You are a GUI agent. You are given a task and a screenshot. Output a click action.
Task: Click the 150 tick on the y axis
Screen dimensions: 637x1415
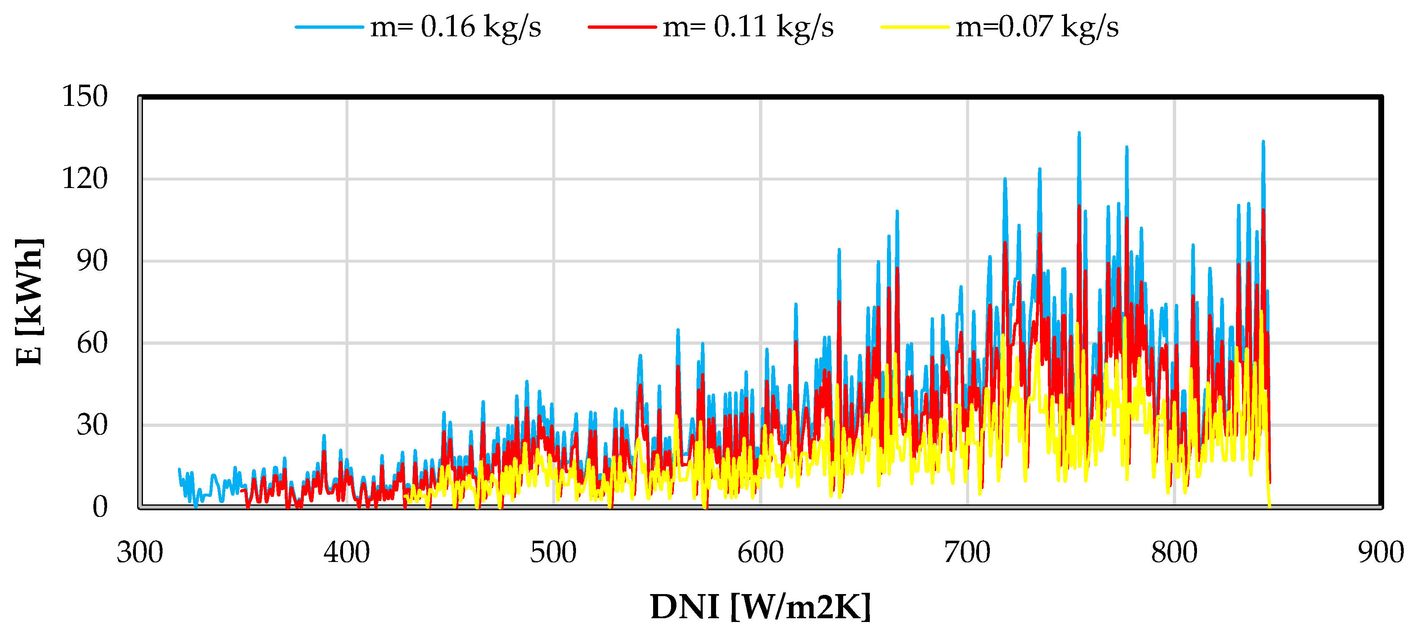click(x=85, y=97)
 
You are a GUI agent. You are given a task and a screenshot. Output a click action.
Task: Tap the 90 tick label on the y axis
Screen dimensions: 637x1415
click(x=92, y=261)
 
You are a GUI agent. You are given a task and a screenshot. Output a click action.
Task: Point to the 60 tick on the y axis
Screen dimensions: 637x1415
click(x=92, y=343)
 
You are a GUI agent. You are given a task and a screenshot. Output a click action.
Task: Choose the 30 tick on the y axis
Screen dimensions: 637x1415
click(x=92, y=425)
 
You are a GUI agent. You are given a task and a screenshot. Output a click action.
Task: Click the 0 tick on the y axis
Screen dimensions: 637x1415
click(x=100, y=507)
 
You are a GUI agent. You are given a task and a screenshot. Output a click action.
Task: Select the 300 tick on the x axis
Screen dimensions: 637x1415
click(x=140, y=552)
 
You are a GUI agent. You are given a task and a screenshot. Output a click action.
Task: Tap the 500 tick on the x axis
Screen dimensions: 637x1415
click(x=553, y=552)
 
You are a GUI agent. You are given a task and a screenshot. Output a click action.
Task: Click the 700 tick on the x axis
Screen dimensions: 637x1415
click(x=967, y=552)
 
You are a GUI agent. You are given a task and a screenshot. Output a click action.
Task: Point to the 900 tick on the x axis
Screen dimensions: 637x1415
click(x=1380, y=552)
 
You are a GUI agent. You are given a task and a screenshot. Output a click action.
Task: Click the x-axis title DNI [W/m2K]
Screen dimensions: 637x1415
click(x=761, y=607)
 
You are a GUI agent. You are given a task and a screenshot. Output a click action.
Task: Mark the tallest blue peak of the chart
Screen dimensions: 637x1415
click(x=1079, y=133)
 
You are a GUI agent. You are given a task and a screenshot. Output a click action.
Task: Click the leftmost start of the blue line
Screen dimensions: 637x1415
click(x=179, y=470)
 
